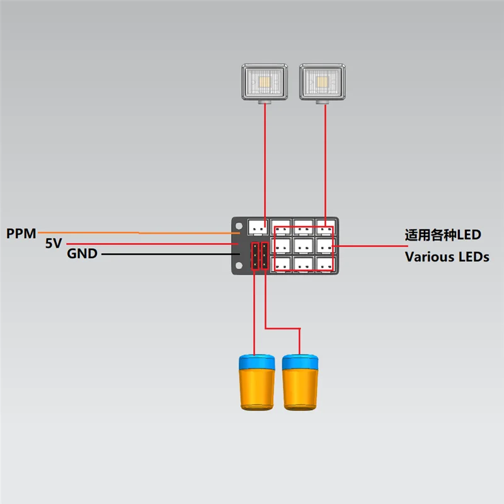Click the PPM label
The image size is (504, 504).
(21, 233)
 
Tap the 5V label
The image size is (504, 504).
(54, 243)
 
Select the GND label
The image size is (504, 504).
(82, 254)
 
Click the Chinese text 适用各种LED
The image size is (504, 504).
(443, 235)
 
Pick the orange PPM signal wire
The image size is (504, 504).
(139, 232)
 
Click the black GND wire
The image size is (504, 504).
(171, 254)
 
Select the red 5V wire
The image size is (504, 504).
(152, 244)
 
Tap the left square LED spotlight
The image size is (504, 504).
(265, 83)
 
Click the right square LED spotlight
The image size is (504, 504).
(323, 83)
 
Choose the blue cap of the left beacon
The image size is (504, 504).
(257, 362)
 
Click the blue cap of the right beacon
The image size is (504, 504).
(301, 362)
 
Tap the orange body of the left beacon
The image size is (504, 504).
(257, 389)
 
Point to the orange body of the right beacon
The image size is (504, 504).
(301, 389)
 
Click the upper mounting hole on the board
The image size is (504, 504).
(239, 226)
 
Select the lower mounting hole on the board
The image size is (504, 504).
(239, 265)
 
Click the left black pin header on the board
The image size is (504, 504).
(255, 256)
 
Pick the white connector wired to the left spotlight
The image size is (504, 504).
(258, 227)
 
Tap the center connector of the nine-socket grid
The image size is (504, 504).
(304, 246)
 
